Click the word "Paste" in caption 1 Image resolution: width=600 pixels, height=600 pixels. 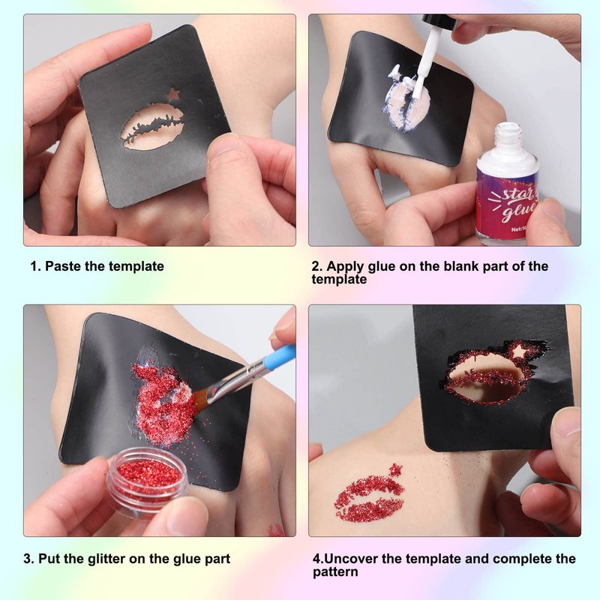click(x=63, y=266)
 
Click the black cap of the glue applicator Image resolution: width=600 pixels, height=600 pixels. click(x=440, y=22)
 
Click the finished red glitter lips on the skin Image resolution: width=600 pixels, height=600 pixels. click(x=370, y=498)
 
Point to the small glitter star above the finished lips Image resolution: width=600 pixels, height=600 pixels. click(x=395, y=469)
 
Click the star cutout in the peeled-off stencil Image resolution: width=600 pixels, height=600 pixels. click(x=519, y=349)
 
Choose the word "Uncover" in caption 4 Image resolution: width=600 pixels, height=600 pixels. click(x=351, y=559)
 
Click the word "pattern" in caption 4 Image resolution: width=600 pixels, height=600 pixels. click(x=335, y=572)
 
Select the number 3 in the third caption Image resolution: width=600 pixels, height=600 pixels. click(x=27, y=559)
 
